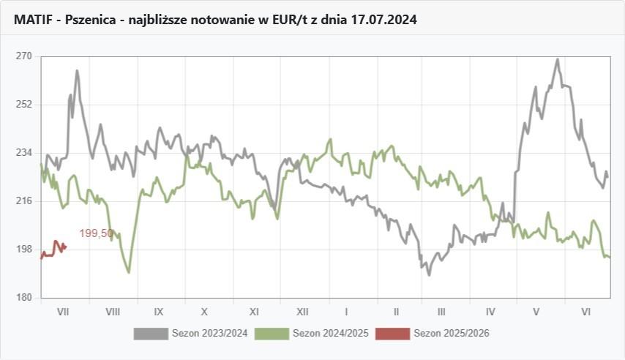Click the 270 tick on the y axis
coord(23,56)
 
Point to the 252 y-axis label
coord(23,105)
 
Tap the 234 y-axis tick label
coord(23,153)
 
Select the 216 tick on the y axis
coord(23,201)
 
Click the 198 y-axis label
coord(23,250)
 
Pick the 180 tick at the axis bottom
coord(23,298)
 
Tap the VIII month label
coord(113,312)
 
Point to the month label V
coord(536,312)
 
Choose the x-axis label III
coord(441,312)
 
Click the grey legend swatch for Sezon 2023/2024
coord(151,334)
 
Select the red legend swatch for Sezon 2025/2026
coord(392,334)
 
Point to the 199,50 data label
coord(96,233)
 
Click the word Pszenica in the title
coord(89,20)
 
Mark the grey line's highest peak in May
coord(557,60)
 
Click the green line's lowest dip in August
coord(129,272)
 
